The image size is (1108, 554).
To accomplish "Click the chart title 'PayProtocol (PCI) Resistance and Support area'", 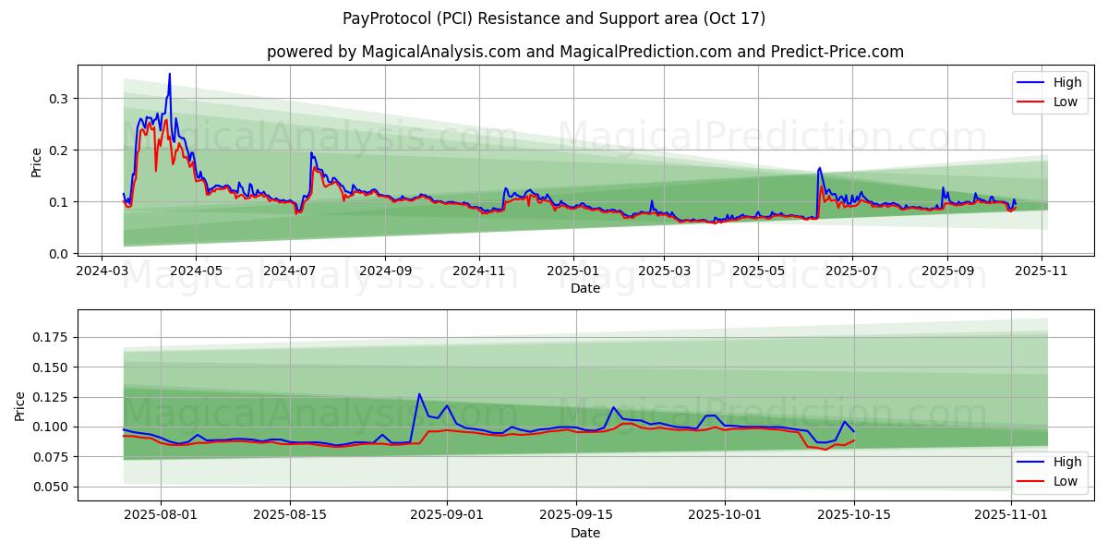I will (554, 18).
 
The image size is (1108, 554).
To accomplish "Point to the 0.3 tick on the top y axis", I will (60, 99).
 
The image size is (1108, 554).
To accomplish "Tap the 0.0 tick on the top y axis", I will (60, 254).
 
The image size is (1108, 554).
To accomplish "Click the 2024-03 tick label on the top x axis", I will (102, 271).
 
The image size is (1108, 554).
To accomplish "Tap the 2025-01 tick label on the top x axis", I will (573, 271).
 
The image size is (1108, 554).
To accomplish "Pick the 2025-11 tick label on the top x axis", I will (1042, 271).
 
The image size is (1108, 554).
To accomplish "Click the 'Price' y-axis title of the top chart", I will (37, 163).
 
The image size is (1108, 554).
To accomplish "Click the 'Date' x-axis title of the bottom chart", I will (585, 533).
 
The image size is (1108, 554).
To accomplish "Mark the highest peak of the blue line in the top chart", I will (169, 74).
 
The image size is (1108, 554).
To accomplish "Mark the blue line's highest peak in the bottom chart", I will (419, 394).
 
